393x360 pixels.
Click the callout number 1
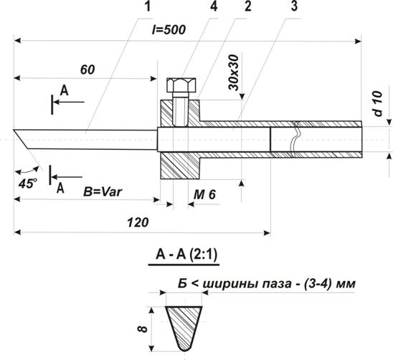(x=148, y=6)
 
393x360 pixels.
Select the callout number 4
(x=214, y=6)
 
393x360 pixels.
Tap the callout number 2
(x=247, y=6)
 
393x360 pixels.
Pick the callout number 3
(x=294, y=6)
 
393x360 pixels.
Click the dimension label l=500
(x=169, y=29)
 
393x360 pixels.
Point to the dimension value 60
(x=87, y=70)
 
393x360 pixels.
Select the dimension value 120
(x=138, y=222)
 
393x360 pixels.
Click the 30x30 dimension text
(x=234, y=72)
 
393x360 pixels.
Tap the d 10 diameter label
(x=378, y=104)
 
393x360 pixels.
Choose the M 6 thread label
(x=204, y=194)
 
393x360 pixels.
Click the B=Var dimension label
(x=103, y=192)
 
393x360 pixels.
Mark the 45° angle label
(x=28, y=184)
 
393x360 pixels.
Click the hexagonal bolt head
(x=181, y=85)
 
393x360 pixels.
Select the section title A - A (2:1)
(x=186, y=255)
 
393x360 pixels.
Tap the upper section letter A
(x=64, y=90)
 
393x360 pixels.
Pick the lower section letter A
(x=60, y=188)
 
